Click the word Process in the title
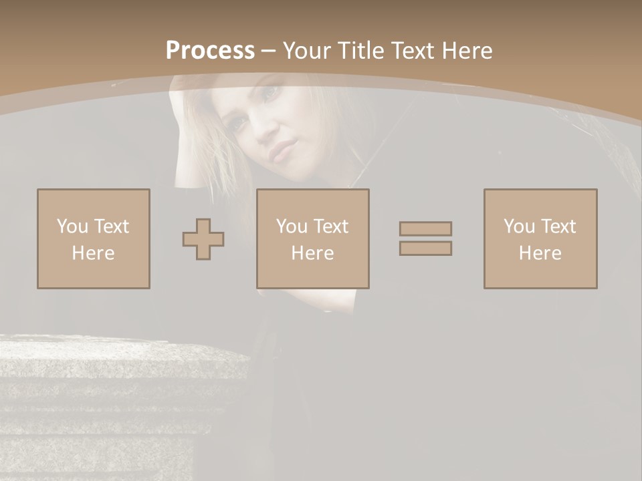[210, 51]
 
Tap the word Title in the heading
[360, 51]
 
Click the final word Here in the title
[466, 51]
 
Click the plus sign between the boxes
[203, 239]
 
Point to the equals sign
[425, 238]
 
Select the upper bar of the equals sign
[425, 228]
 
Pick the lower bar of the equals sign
[425, 248]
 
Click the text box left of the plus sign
[94, 238]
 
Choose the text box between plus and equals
[312, 238]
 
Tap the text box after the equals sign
[540, 238]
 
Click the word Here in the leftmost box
[93, 253]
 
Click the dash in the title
[269, 51]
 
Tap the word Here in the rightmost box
[540, 253]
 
